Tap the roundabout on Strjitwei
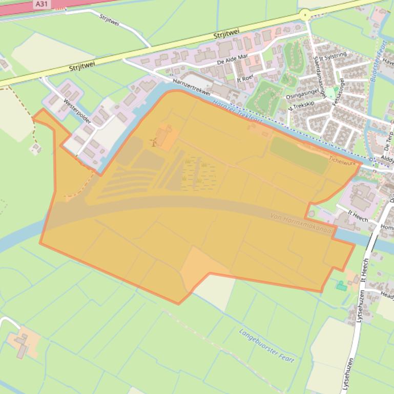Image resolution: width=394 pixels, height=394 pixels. point(306,15)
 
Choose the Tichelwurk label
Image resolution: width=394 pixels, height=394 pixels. point(342,160)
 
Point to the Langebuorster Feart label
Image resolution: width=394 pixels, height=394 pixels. point(266,345)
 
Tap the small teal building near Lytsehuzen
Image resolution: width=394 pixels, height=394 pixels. point(341,286)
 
